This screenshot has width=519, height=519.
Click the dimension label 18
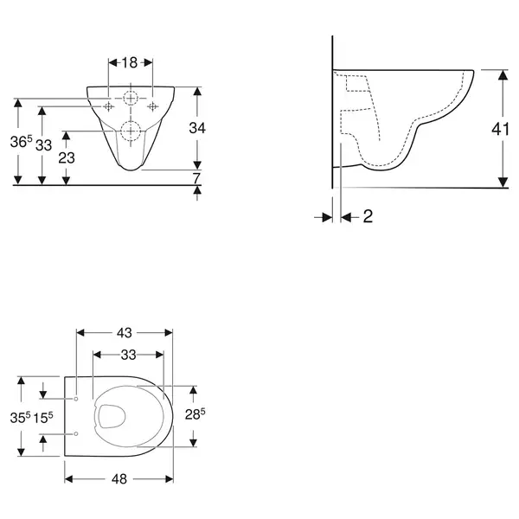pos(130,62)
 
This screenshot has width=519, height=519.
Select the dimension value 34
pos(197,128)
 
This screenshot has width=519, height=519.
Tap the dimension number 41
pos(500,129)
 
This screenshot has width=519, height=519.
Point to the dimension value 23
pos(67,158)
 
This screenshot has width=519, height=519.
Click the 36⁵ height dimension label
pos(21,142)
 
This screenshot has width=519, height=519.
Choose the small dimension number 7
pos(196,178)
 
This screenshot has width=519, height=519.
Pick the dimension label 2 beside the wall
pos(368,216)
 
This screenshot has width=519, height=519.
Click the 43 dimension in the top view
pos(124,333)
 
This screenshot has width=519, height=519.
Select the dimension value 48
pos(119,479)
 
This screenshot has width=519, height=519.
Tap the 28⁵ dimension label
pos(195,413)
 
